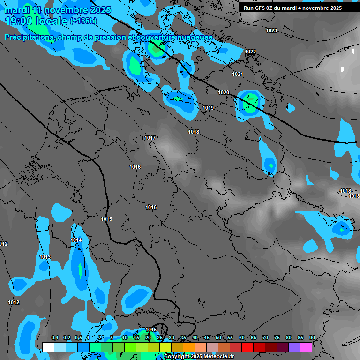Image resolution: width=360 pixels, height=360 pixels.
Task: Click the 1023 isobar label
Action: click(271, 31)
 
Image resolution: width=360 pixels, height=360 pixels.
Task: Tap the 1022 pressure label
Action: click(250, 52)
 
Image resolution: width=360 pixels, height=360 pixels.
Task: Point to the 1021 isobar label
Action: click(238, 75)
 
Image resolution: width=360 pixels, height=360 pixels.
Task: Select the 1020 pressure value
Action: click(224, 93)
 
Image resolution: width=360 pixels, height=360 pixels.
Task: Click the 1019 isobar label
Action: click(208, 108)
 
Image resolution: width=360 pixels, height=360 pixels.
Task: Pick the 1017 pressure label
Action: click(150, 138)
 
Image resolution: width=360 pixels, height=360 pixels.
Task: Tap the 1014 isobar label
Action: click(76, 240)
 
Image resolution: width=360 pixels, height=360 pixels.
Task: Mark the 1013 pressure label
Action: click(45, 257)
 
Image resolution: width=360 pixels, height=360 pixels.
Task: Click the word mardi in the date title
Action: click(17, 10)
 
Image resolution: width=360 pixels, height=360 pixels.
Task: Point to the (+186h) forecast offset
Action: click(83, 21)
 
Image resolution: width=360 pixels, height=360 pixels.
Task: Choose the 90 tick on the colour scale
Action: click(312, 338)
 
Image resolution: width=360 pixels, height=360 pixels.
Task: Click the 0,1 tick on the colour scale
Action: click(55, 338)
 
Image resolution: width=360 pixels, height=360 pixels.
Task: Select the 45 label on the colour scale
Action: click(207, 338)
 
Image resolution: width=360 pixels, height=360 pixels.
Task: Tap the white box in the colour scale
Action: click(48, 347)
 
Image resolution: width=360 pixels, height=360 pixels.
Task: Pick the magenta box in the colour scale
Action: click(306, 347)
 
